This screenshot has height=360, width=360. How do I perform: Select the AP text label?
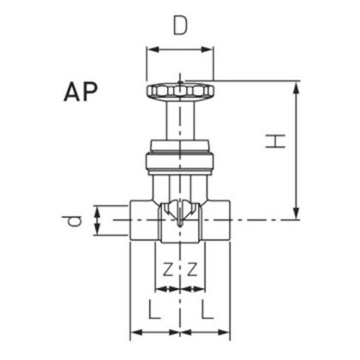click(x=80, y=92)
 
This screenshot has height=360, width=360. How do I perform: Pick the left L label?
click(x=154, y=309)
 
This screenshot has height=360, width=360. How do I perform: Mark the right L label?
click(x=207, y=309)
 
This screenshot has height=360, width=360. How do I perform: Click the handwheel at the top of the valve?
click(x=180, y=91)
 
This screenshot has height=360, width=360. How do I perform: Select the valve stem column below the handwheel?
click(x=180, y=119)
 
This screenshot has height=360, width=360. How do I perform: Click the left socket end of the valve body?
click(x=144, y=220)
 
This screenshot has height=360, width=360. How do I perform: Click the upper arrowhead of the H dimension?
click(x=296, y=85)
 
